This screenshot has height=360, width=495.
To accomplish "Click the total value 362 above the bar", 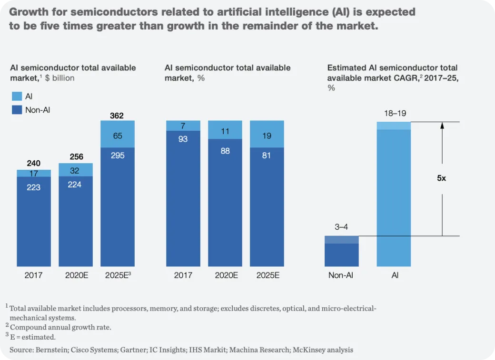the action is point(117,116).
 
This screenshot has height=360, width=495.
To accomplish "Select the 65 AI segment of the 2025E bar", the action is point(118,134).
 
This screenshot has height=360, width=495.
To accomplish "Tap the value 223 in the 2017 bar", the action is point(33,187).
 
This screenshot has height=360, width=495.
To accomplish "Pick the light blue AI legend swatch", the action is point(17,96).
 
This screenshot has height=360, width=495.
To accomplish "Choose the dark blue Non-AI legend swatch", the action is point(17,110).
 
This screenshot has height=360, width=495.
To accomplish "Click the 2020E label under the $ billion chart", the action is point(77,275).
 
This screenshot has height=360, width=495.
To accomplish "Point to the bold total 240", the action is point(33,163).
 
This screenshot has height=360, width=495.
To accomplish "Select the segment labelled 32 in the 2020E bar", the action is point(76,170).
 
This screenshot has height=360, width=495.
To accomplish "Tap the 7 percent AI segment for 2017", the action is point(183,126).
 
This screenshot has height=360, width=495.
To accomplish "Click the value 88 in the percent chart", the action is point(225,151).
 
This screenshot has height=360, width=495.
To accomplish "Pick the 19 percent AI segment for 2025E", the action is point(267,134).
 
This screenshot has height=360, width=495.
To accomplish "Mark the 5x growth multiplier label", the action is point(441,178).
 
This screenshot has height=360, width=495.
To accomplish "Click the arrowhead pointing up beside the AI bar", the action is point(442,126).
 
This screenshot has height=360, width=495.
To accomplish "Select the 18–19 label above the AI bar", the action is point(395,113).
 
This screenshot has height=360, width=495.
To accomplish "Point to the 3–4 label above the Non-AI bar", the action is point(341,227).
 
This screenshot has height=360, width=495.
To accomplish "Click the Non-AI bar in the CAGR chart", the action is point(342,251).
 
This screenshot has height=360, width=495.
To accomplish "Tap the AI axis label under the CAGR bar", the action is point(395,275).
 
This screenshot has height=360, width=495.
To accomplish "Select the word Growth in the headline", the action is point(29,12).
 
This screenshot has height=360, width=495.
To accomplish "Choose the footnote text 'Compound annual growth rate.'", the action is point(60,327).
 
